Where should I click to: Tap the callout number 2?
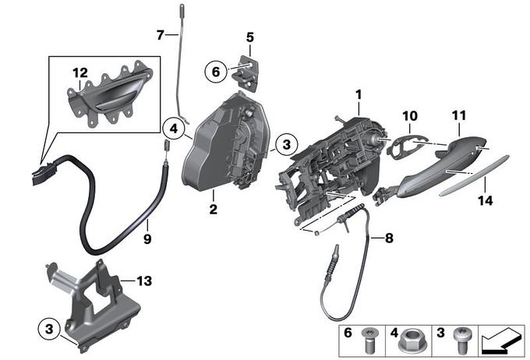(212, 208)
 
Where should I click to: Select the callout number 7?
(161, 34)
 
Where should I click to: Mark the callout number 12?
(79, 72)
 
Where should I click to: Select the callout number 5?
(250, 37)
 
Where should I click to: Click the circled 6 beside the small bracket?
(215, 72)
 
